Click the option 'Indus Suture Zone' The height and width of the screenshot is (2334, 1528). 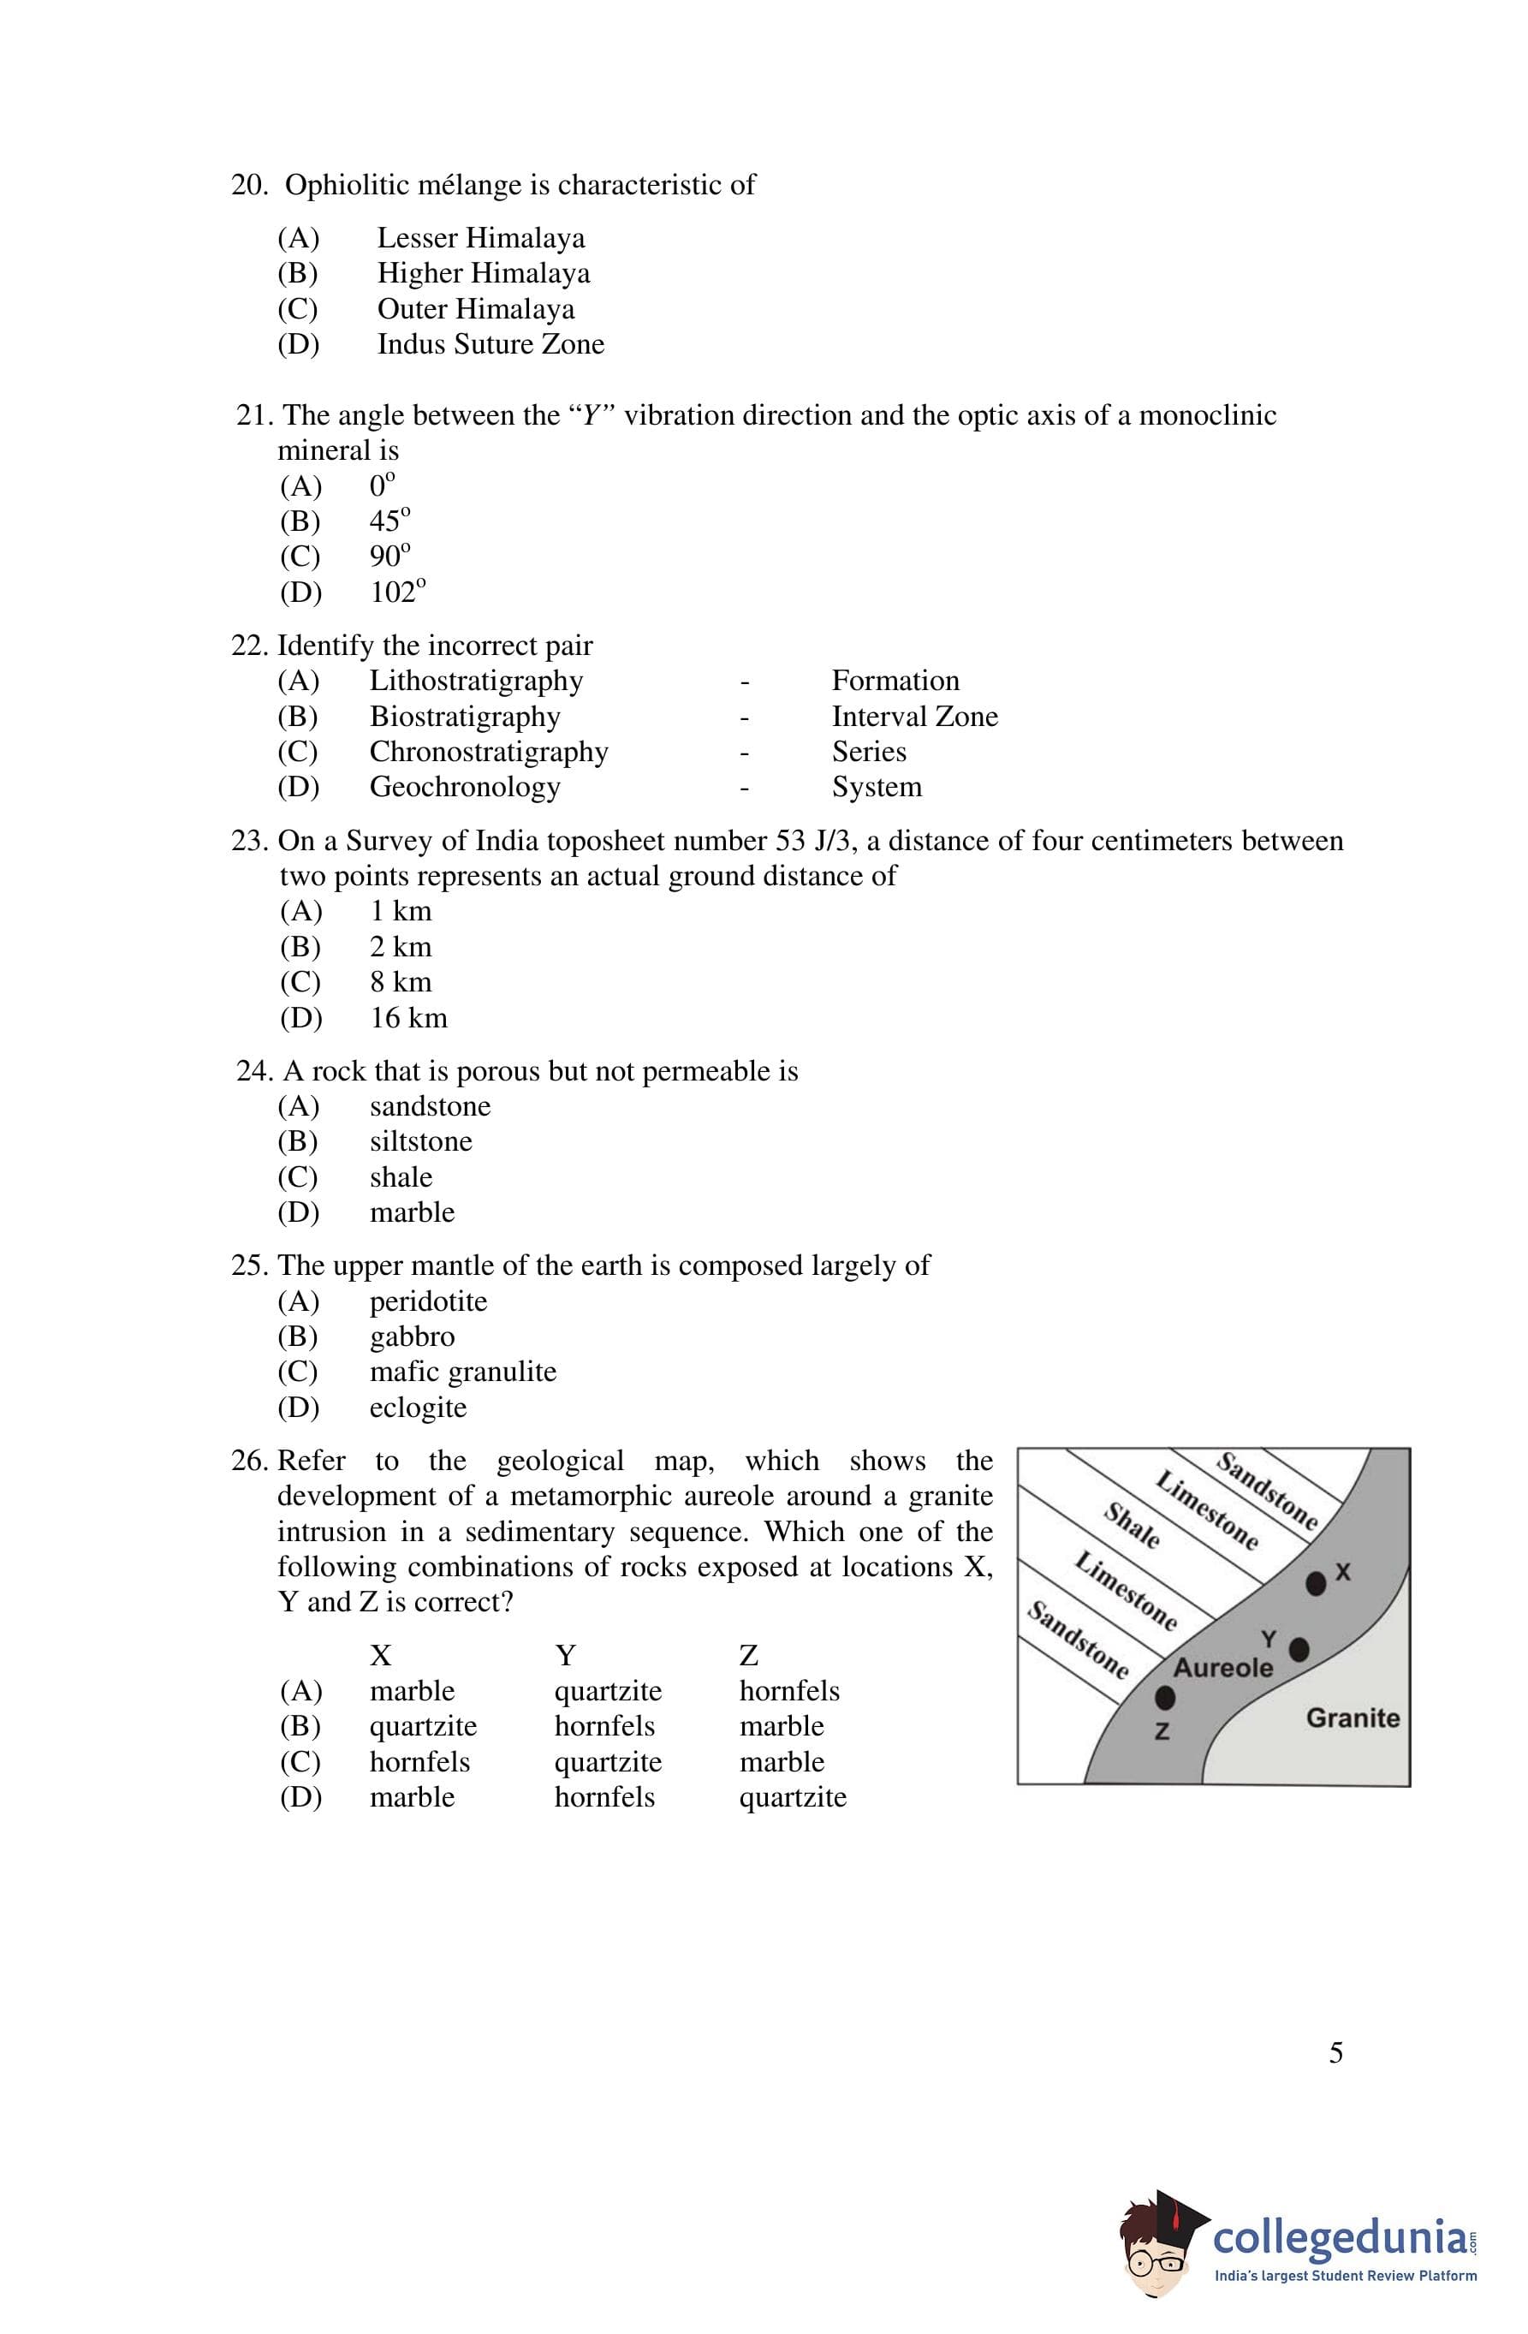491,344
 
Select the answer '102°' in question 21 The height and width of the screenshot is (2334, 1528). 397,592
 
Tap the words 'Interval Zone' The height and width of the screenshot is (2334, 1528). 914,717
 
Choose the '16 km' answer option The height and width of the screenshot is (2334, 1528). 408,1018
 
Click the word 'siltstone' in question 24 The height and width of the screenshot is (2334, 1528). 421,1141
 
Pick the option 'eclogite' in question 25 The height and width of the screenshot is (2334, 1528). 418,1408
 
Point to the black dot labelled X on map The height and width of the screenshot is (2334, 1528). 1315,1583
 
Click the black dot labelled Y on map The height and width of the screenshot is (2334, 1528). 1299,1650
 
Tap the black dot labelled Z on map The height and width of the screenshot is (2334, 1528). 1164,1697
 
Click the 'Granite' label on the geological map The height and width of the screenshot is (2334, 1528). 1353,1718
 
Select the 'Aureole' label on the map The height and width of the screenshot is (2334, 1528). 1223,1668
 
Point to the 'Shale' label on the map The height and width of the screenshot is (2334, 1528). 1133,1526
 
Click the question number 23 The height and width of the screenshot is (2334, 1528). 250,842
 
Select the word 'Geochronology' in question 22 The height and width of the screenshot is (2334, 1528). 465,788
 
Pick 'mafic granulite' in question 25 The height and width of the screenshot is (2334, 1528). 463,1372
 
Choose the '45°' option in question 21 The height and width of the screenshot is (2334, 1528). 389,521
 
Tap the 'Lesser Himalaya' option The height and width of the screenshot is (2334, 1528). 480,238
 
